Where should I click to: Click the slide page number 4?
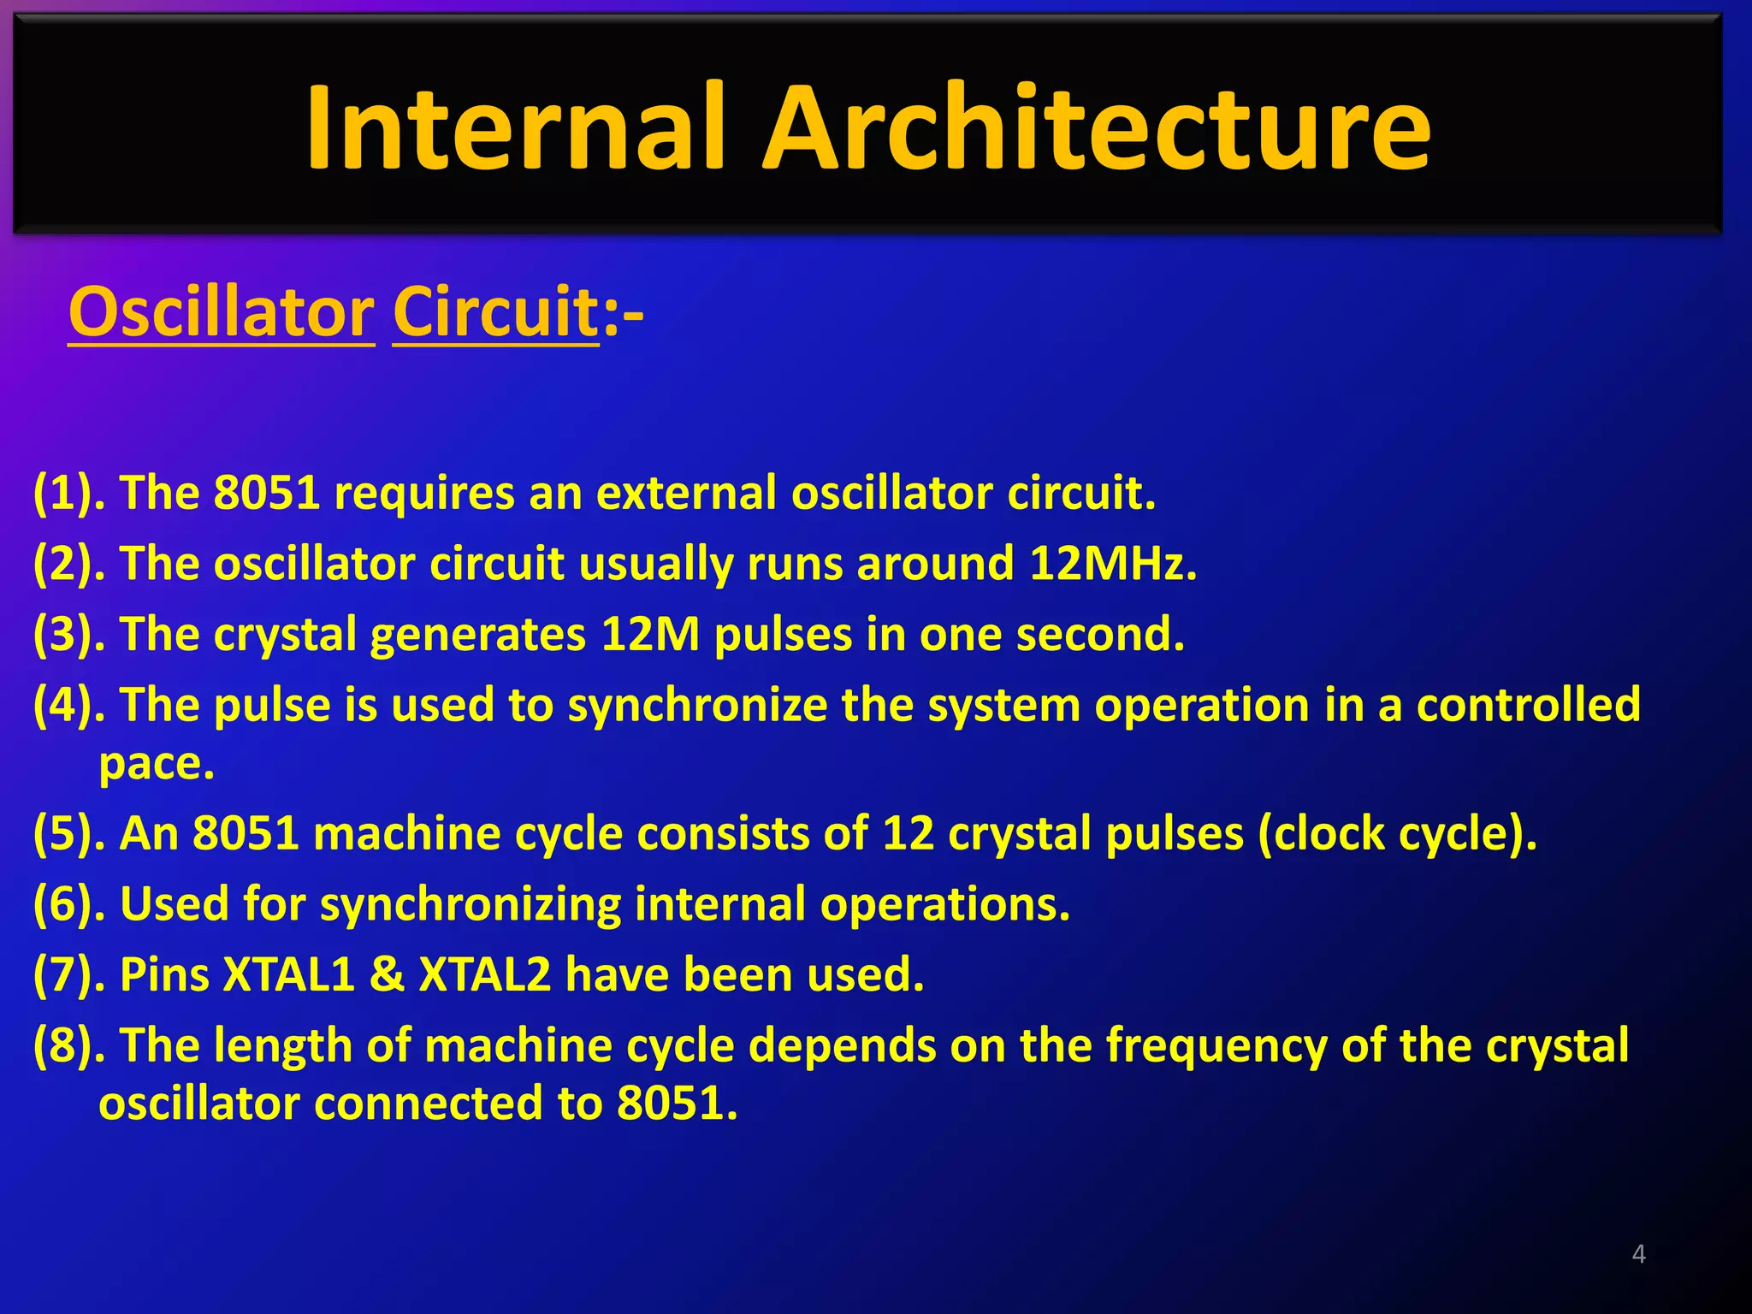(1638, 1253)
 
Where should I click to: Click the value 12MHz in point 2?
(1111, 564)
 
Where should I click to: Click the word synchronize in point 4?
(697, 707)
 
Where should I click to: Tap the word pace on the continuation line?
(155, 764)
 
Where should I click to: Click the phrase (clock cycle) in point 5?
(1395, 833)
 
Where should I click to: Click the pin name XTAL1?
(288, 975)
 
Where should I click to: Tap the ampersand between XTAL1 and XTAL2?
(387, 975)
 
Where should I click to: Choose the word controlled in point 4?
(1528, 706)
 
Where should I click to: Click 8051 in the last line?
(675, 1104)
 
